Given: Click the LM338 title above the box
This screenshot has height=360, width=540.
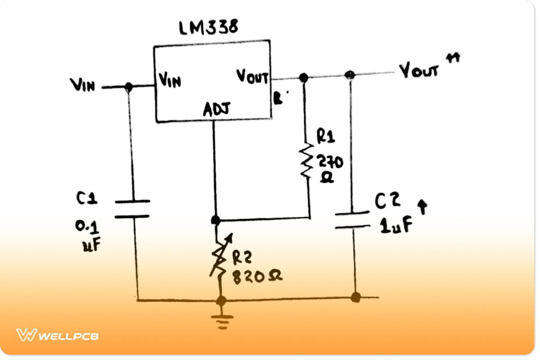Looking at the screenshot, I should pyautogui.click(x=208, y=28).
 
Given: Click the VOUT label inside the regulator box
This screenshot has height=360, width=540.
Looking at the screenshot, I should pyautogui.click(x=252, y=77).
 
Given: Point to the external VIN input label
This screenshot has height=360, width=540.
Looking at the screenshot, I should pyautogui.click(x=82, y=85).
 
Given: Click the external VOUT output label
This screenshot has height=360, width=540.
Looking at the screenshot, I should pyautogui.click(x=418, y=71).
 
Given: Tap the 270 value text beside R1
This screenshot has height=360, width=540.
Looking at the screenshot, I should pyautogui.click(x=330, y=161).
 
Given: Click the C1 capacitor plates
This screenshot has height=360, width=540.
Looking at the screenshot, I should pyautogui.click(x=132, y=209).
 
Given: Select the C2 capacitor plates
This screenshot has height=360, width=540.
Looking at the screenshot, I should pyautogui.click(x=352, y=219).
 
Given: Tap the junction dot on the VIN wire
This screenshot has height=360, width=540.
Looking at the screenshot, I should pyautogui.click(x=129, y=87).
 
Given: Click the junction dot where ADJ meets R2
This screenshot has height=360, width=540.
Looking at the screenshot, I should pyautogui.click(x=216, y=220).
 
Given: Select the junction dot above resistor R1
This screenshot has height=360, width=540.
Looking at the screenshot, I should pyautogui.click(x=304, y=78).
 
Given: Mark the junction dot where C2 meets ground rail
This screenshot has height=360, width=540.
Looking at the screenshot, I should pyautogui.click(x=355, y=297).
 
